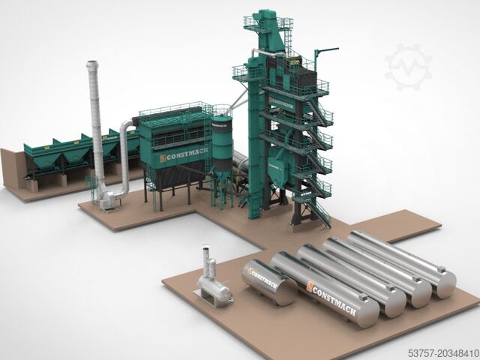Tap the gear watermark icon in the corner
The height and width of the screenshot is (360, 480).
coord(409,67)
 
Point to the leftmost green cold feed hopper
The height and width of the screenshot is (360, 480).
coord(39,156)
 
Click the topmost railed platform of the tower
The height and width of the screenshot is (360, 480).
coord(265,15)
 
